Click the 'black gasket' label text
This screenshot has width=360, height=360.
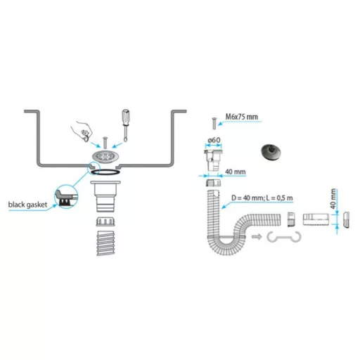[x=27, y=205]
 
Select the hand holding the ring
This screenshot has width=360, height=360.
[x=82, y=131]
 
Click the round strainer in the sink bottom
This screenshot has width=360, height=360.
[x=105, y=156]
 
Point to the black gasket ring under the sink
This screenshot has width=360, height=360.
[x=105, y=172]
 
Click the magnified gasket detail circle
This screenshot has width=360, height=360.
[x=66, y=196]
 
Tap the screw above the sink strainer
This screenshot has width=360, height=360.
[x=105, y=143]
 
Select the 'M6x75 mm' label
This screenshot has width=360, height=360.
[x=241, y=117]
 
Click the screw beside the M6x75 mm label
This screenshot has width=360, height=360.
[x=214, y=124]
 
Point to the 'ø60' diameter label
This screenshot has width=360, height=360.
[x=214, y=140]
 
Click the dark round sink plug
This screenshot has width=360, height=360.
[x=271, y=153]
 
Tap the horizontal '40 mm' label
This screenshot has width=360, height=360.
[x=236, y=172]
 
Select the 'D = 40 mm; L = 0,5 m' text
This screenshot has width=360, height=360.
[x=262, y=198]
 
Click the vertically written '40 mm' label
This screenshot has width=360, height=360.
[x=333, y=199]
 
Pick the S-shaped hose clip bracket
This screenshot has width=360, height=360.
[x=284, y=238]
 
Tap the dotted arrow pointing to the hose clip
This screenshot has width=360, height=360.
[x=257, y=237]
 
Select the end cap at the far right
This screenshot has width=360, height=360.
[x=346, y=219]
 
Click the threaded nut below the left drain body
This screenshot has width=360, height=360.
[x=105, y=221]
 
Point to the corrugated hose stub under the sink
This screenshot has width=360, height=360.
[x=105, y=243]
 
